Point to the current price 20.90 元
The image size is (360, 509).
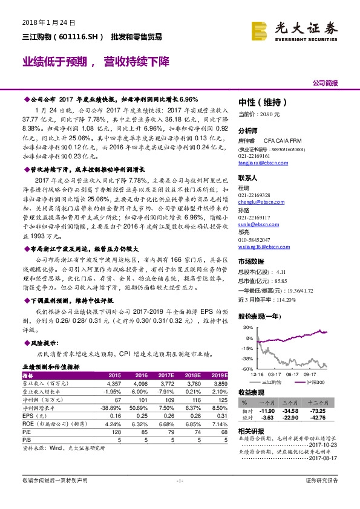(260, 114)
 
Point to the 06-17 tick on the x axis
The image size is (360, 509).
(292, 375)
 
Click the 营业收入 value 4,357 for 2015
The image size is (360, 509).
(114, 383)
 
